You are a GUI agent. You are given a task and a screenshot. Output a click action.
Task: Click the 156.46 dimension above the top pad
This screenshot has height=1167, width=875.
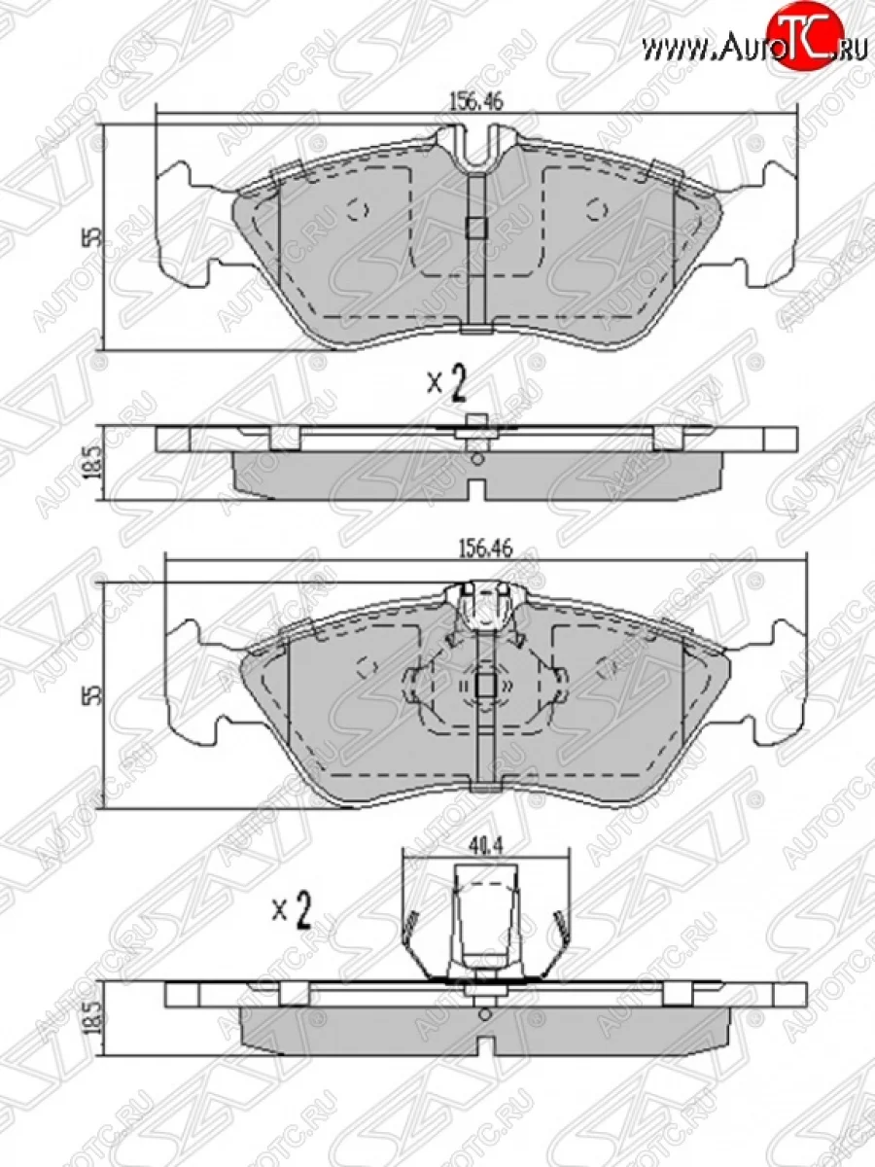point(476,101)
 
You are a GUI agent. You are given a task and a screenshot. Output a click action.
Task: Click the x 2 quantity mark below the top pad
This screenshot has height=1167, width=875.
point(447,385)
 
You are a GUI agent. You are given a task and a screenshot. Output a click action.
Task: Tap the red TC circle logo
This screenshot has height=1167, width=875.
point(798,33)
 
